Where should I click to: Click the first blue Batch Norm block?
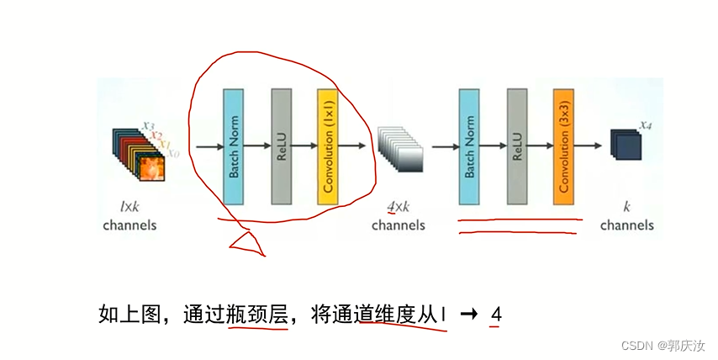tap(232, 146)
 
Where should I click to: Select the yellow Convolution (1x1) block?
tap(327, 146)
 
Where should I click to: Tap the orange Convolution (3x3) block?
tap(563, 146)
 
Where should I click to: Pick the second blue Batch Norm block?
tap(468, 146)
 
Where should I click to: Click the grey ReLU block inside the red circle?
tap(281, 146)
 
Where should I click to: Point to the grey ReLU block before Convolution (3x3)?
tap(516, 146)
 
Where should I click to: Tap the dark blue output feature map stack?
tap(626, 144)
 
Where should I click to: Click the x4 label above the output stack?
tap(645, 125)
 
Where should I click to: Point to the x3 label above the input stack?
tap(148, 125)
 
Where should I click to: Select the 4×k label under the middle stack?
tap(398, 207)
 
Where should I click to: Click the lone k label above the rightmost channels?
tap(626, 207)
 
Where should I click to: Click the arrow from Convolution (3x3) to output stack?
tap(593, 146)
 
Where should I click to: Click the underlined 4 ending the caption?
tap(496, 315)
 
